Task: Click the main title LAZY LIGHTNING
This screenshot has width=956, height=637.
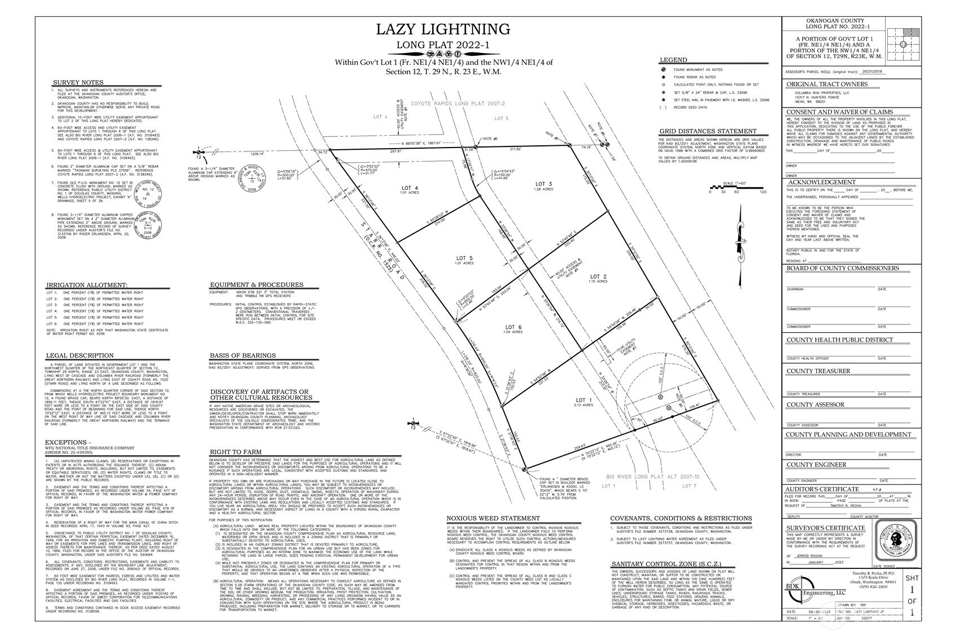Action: pyautogui.click(x=443, y=29)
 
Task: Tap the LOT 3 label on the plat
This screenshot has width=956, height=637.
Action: pyautogui.click(x=543, y=185)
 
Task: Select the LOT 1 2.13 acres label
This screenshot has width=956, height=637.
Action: pyautogui.click(x=583, y=400)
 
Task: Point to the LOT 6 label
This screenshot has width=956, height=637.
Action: pyautogui.click(x=513, y=328)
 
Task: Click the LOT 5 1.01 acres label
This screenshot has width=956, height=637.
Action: pyautogui.click(x=464, y=260)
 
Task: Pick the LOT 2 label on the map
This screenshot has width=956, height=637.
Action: pyautogui.click(x=598, y=277)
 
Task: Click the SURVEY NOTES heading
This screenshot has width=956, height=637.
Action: pyautogui.click(x=78, y=82)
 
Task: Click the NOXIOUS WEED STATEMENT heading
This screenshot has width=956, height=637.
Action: pyautogui.click(x=493, y=518)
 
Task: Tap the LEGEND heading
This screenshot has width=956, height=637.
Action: pyautogui.click(x=673, y=60)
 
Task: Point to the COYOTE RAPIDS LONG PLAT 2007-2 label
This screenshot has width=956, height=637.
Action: pyautogui.click(x=457, y=104)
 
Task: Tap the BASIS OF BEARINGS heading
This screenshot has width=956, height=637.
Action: pyautogui.click(x=243, y=355)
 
